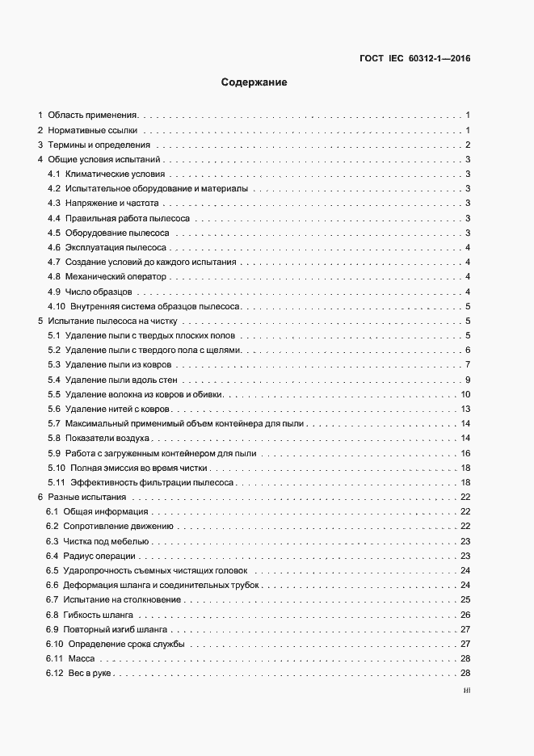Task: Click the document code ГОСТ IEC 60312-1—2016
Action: tap(414, 58)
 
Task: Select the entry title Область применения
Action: tap(93, 115)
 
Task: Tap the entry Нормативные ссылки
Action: tap(93, 130)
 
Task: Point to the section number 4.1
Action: tap(54, 174)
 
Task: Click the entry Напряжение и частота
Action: tap(112, 203)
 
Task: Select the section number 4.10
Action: tap(57, 306)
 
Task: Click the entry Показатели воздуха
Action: tap(108, 438)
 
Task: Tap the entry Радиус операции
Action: tap(101, 556)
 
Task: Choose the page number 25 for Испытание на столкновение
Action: tap(465, 600)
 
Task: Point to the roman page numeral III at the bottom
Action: tap(466, 691)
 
